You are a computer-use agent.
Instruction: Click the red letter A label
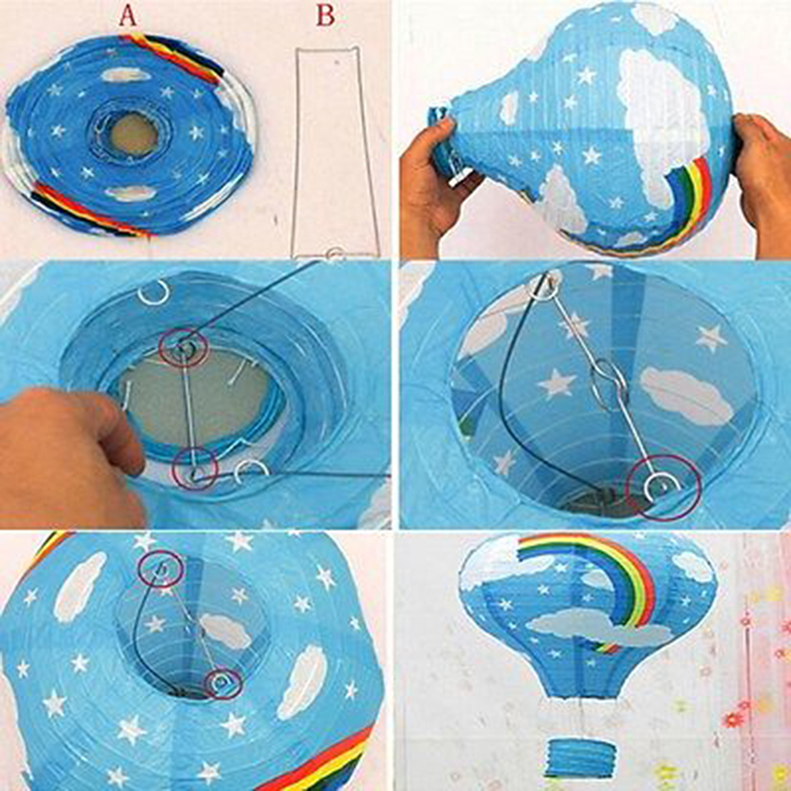(x=128, y=16)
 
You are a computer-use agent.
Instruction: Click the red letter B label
(x=325, y=15)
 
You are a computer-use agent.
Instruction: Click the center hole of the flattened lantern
(x=133, y=134)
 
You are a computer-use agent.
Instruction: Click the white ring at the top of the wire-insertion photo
(x=153, y=292)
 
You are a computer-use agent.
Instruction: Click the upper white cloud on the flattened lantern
(x=126, y=75)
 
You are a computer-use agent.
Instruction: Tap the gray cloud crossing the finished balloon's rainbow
(x=598, y=628)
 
